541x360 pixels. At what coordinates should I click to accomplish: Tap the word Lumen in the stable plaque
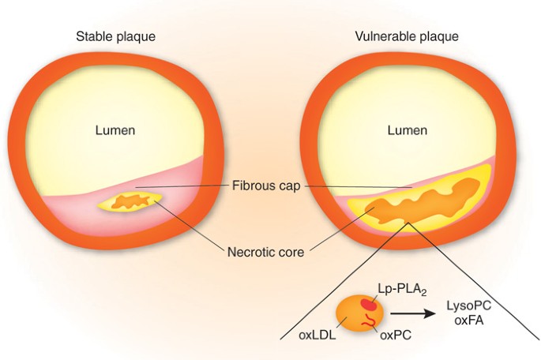pyautogui.click(x=115, y=130)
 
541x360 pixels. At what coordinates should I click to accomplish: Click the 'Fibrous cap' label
pyautogui.click(x=268, y=188)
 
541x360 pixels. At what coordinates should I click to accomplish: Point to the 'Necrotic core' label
pyautogui.click(x=266, y=253)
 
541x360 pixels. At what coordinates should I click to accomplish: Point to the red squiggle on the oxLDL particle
pyautogui.click(x=367, y=322)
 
